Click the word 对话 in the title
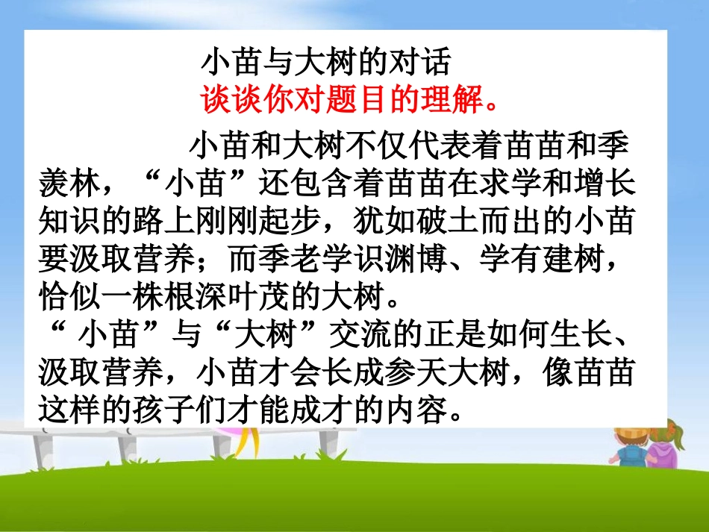[420, 64]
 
